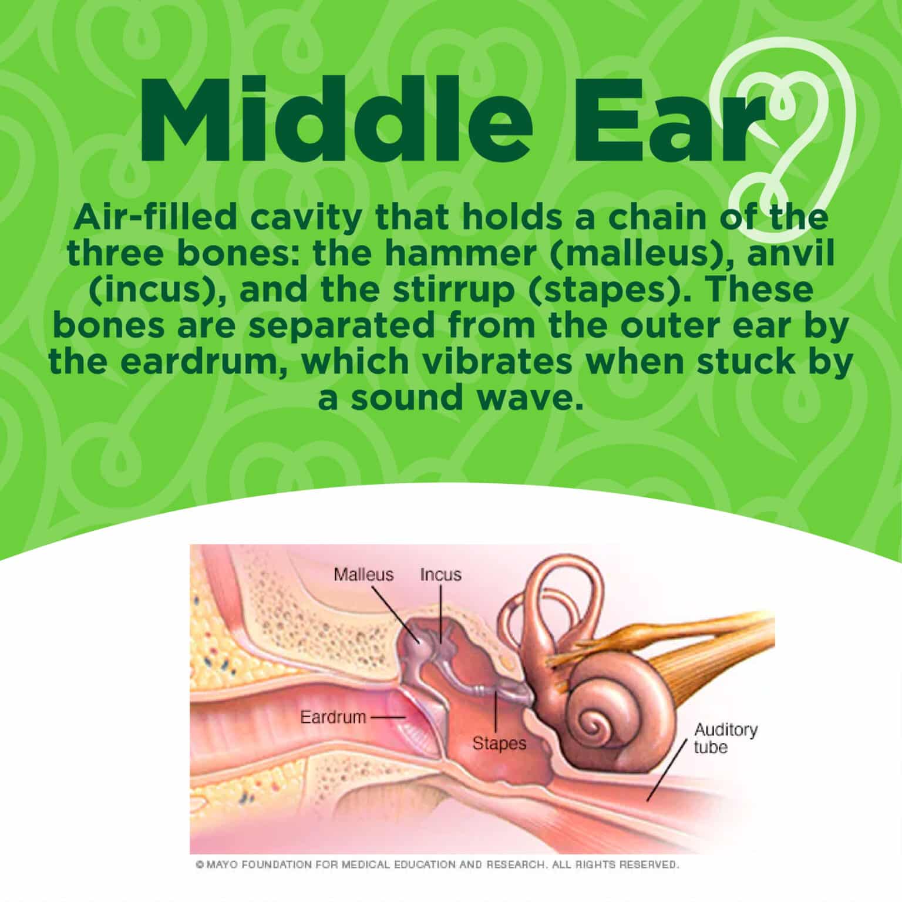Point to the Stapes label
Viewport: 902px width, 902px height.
pyautogui.click(x=500, y=744)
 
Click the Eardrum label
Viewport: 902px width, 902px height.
pyautogui.click(x=333, y=717)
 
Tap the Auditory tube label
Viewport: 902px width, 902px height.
pyautogui.click(x=726, y=739)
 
